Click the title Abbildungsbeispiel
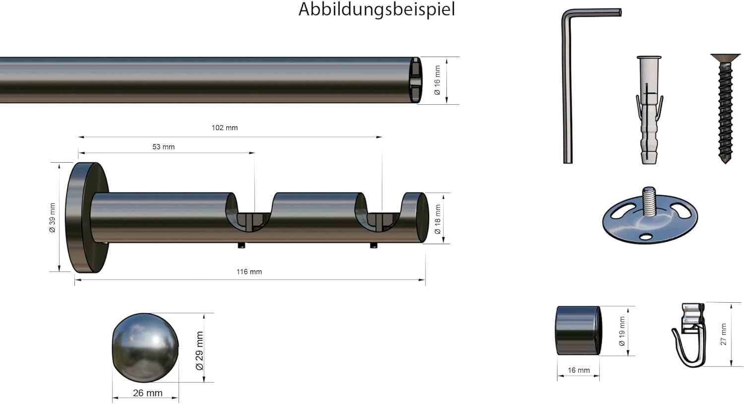376,10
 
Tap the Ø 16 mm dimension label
437,80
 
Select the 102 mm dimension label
225,128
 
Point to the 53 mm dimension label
163,147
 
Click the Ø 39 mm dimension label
52,217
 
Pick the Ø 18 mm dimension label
437,219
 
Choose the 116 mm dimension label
249,272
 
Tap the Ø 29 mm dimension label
199,350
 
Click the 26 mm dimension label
147,393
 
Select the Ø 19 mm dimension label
622,331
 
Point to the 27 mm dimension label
724,334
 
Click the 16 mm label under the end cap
579,370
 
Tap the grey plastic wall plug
649,110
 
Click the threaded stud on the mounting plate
649,201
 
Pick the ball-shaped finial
145,347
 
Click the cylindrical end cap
579,331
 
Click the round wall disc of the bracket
87,217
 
